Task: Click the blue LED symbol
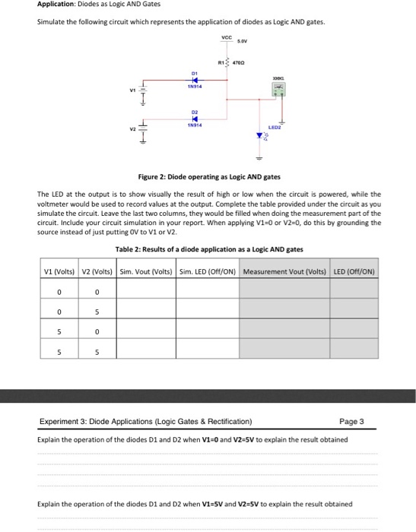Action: [x=260, y=137]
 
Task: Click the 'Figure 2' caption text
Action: [x=207, y=176]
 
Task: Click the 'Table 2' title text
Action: [x=208, y=249]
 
